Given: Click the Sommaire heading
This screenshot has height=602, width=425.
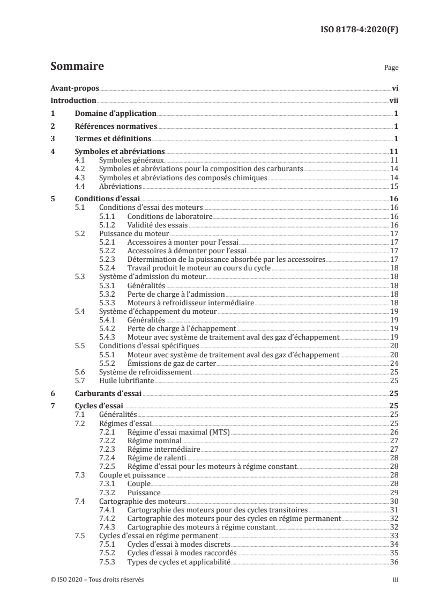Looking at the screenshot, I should point(77,67).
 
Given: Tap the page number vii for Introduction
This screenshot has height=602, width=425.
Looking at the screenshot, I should point(393,101).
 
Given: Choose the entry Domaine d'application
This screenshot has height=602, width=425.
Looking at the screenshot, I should point(115,114).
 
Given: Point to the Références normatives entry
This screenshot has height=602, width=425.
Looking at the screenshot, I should point(116,127).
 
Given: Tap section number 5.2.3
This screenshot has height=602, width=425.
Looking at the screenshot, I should point(108,259).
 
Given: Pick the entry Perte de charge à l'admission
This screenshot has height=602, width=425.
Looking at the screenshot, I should point(176,295).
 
